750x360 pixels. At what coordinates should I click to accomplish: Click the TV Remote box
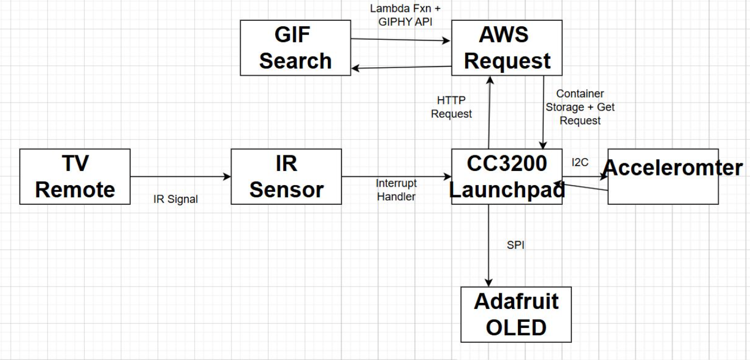click(x=75, y=177)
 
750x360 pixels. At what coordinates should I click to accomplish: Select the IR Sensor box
click(x=286, y=177)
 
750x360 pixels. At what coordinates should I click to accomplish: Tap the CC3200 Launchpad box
click(x=507, y=177)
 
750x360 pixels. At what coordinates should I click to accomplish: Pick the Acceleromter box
click(x=663, y=177)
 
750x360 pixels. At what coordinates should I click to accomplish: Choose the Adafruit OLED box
click(x=516, y=314)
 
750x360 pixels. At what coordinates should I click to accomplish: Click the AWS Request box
click(x=507, y=48)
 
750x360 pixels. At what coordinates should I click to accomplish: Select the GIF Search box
click(x=295, y=48)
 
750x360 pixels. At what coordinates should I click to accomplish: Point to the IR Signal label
click(x=175, y=199)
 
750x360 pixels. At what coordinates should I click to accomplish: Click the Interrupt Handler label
click(x=396, y=190)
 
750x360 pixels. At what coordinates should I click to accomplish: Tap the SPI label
click(x=515, y=246)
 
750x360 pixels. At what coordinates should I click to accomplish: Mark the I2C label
click(x=580, y=163)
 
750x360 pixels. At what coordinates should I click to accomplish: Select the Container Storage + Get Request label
click(x=580, y=107)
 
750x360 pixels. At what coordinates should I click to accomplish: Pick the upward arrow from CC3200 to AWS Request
click(x=489, y=112)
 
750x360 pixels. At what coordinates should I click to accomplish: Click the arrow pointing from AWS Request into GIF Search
click(x=401, y=67)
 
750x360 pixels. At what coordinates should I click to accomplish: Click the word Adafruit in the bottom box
click(x=516, y=302)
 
